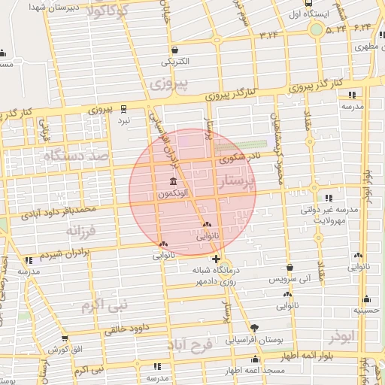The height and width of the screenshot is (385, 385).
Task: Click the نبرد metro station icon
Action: click(x=123, y=108)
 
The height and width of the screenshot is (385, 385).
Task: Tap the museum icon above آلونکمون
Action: click(x=174, y=182)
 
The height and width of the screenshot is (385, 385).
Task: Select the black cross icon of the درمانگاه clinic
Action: click(x=217, y=259)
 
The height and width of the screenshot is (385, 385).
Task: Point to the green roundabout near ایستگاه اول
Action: click(x=317, y=30)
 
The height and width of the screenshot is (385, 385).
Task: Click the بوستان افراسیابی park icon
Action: click(x=255, y=329)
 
